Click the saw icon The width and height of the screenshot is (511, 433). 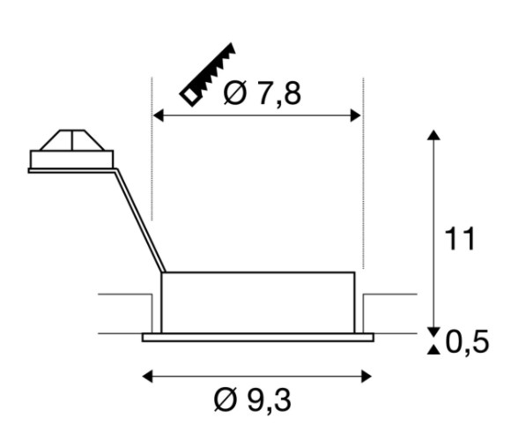209,74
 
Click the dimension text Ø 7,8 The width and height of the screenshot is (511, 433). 263,93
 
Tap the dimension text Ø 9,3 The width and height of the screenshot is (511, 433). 252,400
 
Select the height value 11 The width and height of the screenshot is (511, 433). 460,239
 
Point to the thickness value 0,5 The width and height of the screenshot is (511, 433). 467,341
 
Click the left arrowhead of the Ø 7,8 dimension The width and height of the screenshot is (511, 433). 158,116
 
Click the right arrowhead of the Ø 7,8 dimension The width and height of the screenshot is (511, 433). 356,116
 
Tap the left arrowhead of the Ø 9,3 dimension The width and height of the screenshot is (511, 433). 148,377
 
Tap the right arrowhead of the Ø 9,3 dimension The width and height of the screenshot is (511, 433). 367,377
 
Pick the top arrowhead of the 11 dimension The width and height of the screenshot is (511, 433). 433,135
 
